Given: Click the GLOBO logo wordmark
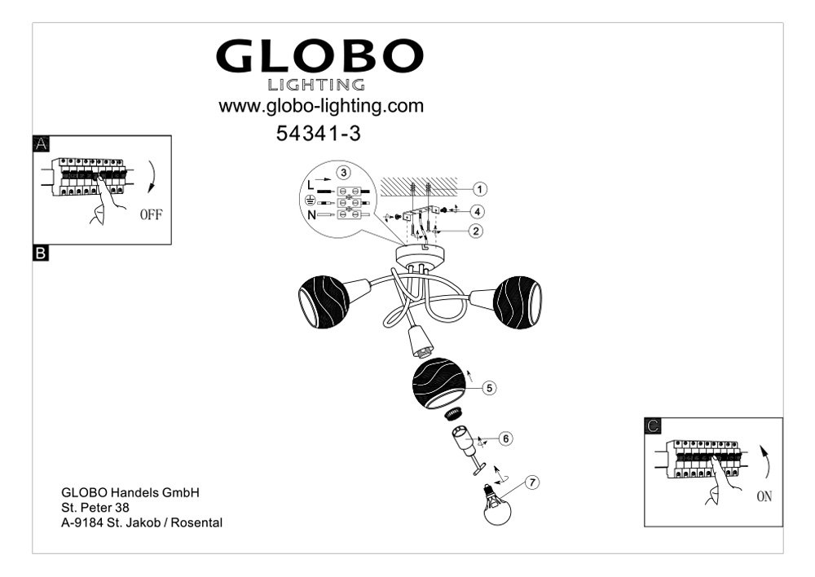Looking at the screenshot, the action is [x=319, y=56].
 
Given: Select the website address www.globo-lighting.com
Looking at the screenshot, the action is [x=321, y=106].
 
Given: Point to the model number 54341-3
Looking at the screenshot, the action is [x=318, y=134].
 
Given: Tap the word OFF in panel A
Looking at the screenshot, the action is [x=152, y=214].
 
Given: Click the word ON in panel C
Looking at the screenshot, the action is [x=764, y=496].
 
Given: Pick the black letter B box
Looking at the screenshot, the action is [x=41, y=253].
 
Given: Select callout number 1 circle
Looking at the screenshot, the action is [x=480, y=189].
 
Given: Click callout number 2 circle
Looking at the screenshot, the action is [x=476, y=231].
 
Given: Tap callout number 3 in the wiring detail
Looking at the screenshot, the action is [x=343, y=172].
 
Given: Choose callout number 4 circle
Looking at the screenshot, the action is [x=477, y=212].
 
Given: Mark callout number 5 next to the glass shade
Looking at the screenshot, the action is [x=488, y=388].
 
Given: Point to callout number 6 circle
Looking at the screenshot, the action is [x=505, y=438].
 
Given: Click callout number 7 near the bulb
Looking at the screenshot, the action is [x=531, y=482].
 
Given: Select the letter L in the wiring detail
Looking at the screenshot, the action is [x=311, y=185].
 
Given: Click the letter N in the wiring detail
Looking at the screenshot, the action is [x=311, y=214].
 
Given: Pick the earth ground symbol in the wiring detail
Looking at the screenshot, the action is [x=310, y=200].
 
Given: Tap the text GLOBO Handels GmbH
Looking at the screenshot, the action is [x=130, y=492].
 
